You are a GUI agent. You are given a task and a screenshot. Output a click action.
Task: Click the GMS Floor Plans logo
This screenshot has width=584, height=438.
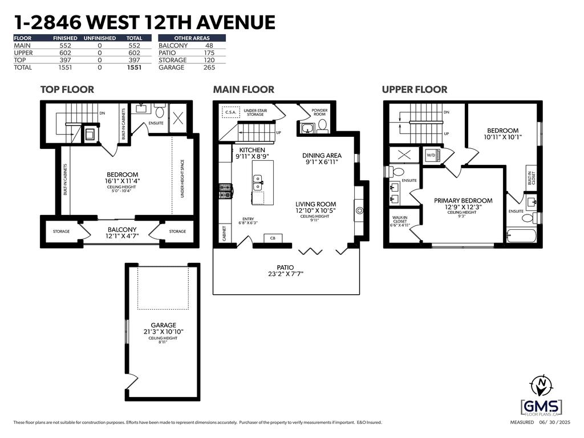click(x=541, y=407)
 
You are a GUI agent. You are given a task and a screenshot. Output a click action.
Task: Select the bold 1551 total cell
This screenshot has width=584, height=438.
click(x=134, y=67)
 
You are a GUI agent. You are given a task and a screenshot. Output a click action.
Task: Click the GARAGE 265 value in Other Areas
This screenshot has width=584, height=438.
click(x=210, y=67)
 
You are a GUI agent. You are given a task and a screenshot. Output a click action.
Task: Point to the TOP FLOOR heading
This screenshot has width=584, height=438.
click(x=67, y=90)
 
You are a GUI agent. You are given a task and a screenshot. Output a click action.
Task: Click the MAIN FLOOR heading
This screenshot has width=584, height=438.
click(x=244, y=90)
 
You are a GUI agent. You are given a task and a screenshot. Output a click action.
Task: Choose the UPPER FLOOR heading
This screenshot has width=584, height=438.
click(x=415, y=90)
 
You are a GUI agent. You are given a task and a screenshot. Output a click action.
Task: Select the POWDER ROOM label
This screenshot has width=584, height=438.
click(x=319, y=111)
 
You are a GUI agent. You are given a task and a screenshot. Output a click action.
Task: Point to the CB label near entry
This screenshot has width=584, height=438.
click(x=273, y=238)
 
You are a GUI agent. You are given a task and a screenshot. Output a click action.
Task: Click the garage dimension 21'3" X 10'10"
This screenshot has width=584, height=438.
click(x=163, y=331)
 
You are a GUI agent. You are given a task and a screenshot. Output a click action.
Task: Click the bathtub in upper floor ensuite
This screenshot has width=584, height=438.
click(x=521, y=236)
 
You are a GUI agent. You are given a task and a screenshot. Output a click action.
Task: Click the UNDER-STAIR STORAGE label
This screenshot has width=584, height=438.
click(x=257, y=112)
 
